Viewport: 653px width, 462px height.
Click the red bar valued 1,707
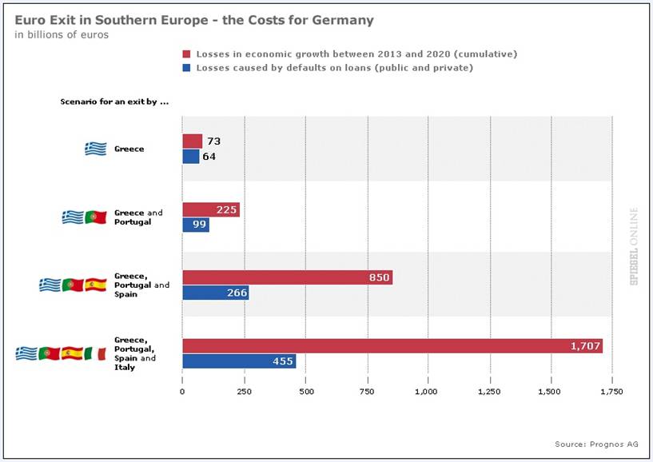click(392, 346)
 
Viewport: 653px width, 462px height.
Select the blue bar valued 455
click(239, 361)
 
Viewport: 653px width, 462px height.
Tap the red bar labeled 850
click(287, 277)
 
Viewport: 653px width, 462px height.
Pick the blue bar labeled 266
click(215, 293)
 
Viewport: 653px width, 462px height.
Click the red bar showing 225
click(210, 210)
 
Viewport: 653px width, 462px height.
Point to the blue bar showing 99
click(195, 225)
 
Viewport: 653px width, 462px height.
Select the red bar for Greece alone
click(192, 141)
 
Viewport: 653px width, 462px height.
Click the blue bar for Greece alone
click(190, 157)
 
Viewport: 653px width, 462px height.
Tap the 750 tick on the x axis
click(367, 392)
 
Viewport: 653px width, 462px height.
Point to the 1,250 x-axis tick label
click(489, 392)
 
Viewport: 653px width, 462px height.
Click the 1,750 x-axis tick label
click(611, 392)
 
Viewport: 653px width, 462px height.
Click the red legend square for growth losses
click(186, 54)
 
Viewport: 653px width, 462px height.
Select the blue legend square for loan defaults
click(186, 68)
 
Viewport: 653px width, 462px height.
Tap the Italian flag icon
click(95, 352)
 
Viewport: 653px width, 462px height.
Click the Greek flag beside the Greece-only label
click(96, 149)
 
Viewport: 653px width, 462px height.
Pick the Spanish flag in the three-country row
click(95, 285)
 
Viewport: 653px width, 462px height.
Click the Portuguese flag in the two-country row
click(95, 217)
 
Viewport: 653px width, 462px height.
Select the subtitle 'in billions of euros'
click(62, 34)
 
